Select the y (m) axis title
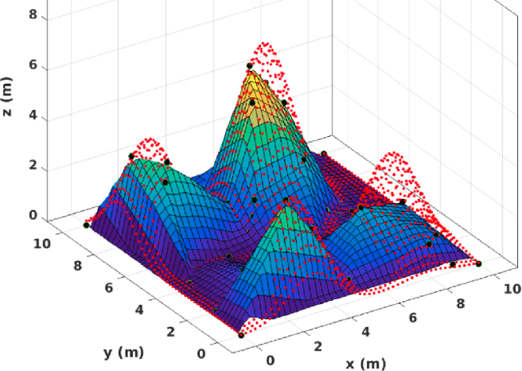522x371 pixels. (x=119, y=352)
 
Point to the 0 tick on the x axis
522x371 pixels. (x=270, y=360)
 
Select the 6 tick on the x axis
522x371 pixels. (x=412, y=317)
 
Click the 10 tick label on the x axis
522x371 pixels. (x=511, y=288)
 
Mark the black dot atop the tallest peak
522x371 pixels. (x=250, y=65)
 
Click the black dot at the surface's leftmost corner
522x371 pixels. (x=86, y=225)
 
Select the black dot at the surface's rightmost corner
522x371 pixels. (x=479, y=263)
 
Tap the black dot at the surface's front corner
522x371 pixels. (x=241, y=335)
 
